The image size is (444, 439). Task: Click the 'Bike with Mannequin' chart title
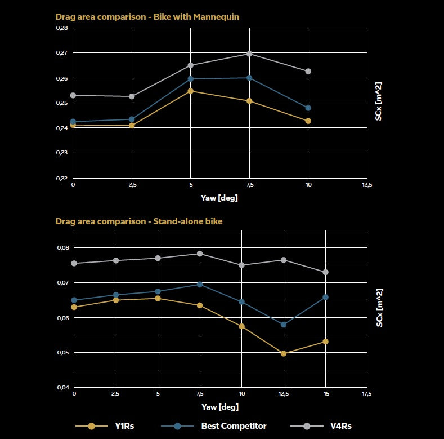pos(147,17)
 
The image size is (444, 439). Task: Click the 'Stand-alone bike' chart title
pos(138,221)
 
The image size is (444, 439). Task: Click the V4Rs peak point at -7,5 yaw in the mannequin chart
pos(249,54)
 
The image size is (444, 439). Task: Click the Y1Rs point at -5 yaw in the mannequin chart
pos(191,91)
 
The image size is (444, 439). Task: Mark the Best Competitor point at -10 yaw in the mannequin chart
pos(308,108)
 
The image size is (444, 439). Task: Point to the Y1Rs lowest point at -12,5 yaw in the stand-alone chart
pos(284,353)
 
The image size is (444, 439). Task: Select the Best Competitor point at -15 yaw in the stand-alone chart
pos(325,297)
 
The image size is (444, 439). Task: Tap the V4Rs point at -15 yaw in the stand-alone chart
pos(325,272)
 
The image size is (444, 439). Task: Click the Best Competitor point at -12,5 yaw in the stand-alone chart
pos(284,325)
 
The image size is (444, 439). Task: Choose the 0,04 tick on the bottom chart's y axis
pos(63,388)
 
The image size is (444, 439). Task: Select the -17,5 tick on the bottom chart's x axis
pos(367,394)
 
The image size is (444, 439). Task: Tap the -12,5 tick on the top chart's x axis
pos(367,184)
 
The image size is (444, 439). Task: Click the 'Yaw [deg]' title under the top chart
pos(219,198)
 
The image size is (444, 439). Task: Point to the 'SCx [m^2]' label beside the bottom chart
pos(380,308)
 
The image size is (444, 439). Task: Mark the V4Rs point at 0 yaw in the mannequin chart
pos(73,95)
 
